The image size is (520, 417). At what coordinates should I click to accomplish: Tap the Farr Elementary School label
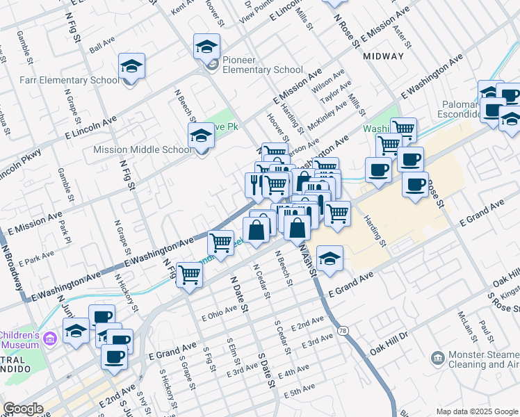[60, 80]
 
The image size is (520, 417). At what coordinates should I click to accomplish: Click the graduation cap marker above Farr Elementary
[131, 67]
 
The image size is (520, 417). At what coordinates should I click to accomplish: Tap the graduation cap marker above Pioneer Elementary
[206, 47]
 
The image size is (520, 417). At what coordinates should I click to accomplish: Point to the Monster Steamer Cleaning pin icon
[437, 358]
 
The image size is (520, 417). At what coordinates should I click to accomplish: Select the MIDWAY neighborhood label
[383, 56]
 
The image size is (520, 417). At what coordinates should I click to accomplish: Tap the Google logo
[24, 409]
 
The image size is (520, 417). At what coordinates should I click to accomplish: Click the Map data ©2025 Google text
[477, 411]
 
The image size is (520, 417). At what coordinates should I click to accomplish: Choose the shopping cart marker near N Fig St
[189, 275]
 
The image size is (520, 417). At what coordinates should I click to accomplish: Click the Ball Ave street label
[102, 43]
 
